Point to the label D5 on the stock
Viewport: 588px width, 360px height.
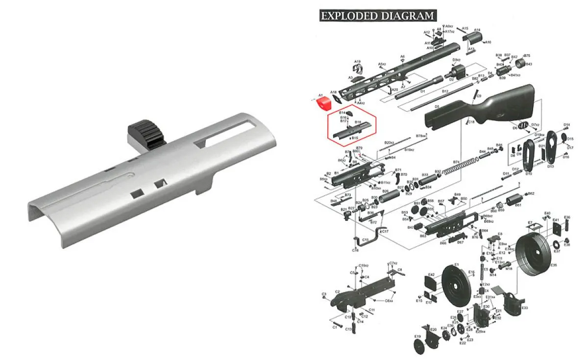pyautogui.click(x=437, y=106)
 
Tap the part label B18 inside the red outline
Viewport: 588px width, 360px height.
pyautogui.click(x=358, y=122)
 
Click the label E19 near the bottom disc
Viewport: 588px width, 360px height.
pyautogui.click(x=417, y=336)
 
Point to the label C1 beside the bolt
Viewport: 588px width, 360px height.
pyautogui.click(x=335, y=327)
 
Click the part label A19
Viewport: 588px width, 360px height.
pyautogui.click(x=357, y=61)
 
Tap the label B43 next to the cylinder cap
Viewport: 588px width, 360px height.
pyautogui.click(x=529, y=64)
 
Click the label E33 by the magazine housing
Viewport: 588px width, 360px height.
pyautogui.click(x=525, y=308)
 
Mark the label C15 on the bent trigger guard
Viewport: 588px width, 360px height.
pyautogui.click(x=365, y=240)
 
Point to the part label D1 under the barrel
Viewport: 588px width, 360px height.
pyautogui.click(x=422, y=91)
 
